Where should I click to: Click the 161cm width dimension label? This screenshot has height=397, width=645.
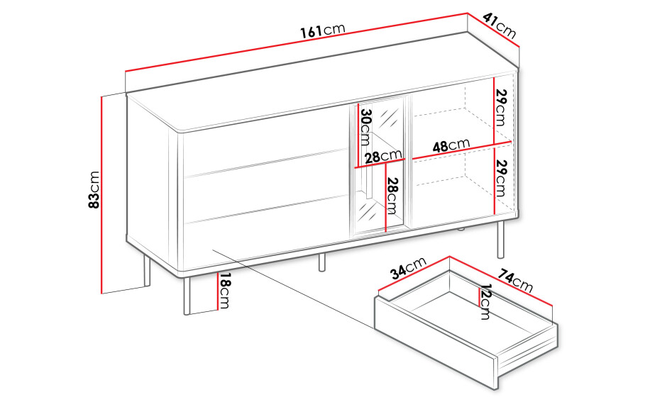point(322,30)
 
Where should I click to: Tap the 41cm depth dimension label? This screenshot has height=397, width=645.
point(500,26)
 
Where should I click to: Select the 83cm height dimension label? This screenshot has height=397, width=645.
point(94,189)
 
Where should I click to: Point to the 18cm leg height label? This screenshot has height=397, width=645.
point(224,291)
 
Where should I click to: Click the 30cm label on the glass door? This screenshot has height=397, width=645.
point(365,127)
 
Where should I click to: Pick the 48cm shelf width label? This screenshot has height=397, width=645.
point(451,145)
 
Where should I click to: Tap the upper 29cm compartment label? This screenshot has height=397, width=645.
point(501,107)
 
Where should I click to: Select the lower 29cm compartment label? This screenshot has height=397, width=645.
point(501,178)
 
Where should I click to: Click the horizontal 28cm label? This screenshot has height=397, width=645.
point(383,156)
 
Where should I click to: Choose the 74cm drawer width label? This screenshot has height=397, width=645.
point(516,280)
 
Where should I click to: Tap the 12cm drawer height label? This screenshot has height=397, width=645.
point(485,302)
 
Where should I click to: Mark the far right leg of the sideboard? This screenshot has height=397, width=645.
point(501,240)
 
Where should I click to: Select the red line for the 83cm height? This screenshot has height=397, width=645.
point(101,195)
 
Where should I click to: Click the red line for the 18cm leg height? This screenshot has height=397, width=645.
point(217,291)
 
